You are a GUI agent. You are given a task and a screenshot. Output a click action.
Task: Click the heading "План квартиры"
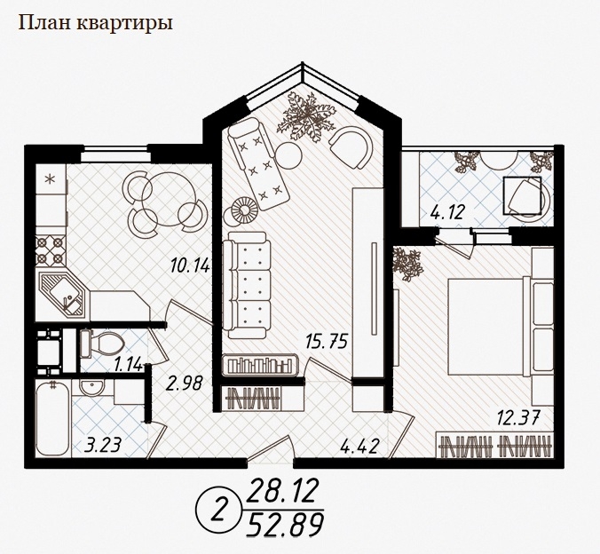coord(96,23)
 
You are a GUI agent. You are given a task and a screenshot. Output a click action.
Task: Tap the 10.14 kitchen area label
coord(190,265)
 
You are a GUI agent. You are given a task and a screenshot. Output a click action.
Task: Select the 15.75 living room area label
coord(327,341)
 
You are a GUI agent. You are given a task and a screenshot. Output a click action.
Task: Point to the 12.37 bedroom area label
coord(518,416)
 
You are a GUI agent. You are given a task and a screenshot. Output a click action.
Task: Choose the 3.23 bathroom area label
coord(103,445)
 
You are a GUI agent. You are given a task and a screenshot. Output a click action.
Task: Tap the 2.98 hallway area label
coord(184,383)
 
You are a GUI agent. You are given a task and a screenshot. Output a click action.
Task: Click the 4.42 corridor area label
coord(360,446)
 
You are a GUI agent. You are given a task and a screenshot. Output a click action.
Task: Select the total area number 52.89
coord(284,524)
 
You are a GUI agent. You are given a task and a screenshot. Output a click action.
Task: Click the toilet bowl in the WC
coord(102,344)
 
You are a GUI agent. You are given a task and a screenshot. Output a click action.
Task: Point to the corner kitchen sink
coord(63,294)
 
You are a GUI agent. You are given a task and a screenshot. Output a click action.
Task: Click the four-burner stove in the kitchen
coord(50,250)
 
